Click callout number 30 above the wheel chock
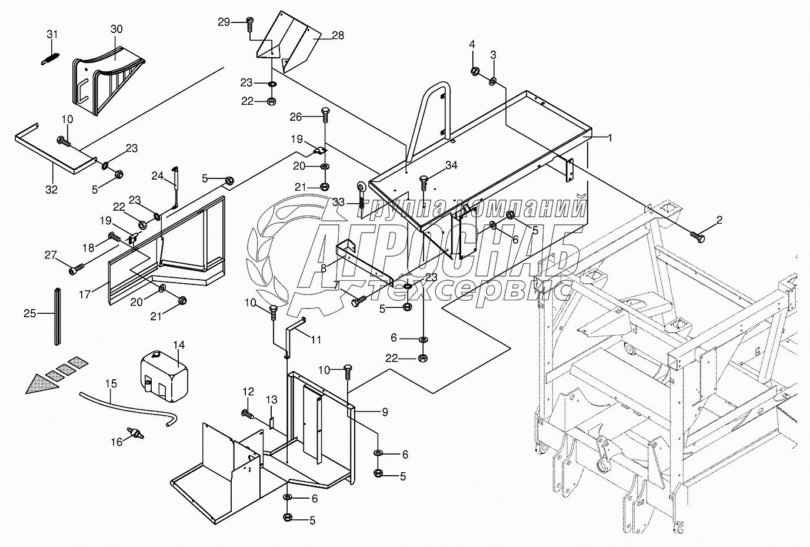coord(116,29)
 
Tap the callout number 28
coord(338,35)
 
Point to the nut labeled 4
coord(475,71)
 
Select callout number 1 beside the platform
coord(610,138)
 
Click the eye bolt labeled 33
coord(361,196)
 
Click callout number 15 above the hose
coord(111,383)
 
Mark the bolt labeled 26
coord(325,114)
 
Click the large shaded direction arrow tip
coord(26,393)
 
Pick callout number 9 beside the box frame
coord(385,412)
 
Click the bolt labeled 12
coord(248,413)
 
